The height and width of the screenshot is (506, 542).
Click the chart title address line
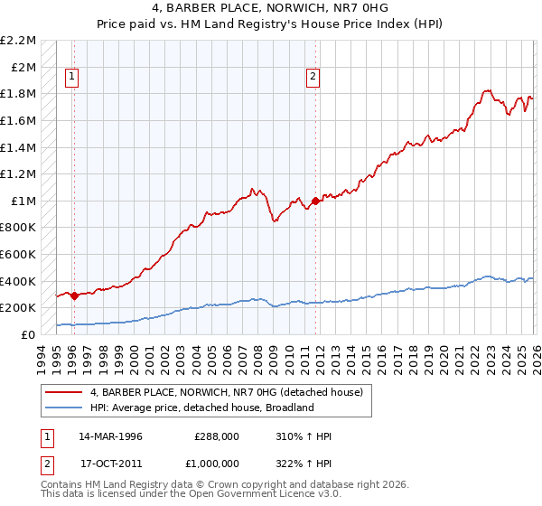(x=271, y=8)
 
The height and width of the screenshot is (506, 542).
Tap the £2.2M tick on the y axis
(x=18, y=41)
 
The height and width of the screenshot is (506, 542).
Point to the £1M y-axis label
(x=23, y=201)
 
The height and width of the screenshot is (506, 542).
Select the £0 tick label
(x=30, y=334)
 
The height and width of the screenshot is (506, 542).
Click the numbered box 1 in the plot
(x=72, y=78)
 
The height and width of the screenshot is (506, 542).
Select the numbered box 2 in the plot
(x=313, y=78)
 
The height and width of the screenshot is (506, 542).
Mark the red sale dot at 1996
(x=73, y=295)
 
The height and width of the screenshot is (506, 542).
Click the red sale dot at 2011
(x=314, y=201)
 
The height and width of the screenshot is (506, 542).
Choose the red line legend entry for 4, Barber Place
(x=226, y=392)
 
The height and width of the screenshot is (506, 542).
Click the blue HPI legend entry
(x=201, y=408)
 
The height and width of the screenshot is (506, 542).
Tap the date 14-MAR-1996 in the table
(x=110, y=436)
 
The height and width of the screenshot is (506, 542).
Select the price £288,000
(x=216, y=436)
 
